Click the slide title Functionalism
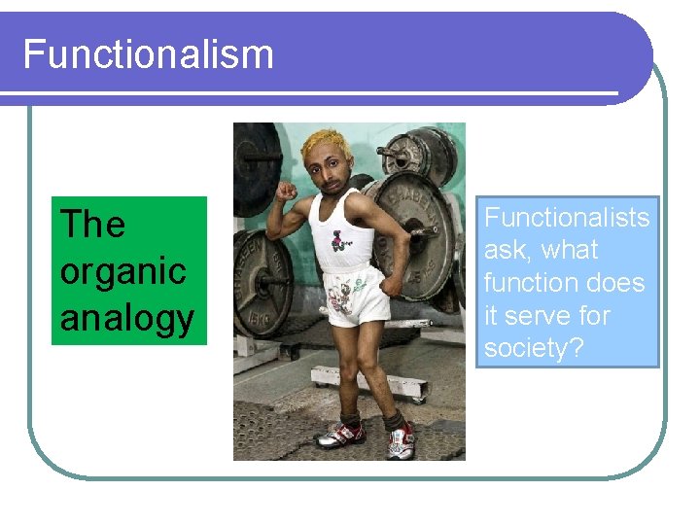(148, 53)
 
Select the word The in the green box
(92, 225)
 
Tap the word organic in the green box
(122, 271)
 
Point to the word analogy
(126, 318)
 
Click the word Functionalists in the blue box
(567, 217)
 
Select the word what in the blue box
(570, 250)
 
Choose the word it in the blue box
(493, 316)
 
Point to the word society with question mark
(534, 349)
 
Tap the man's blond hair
(325, 146)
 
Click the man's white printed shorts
(356, 295)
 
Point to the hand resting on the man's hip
(390, 283)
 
